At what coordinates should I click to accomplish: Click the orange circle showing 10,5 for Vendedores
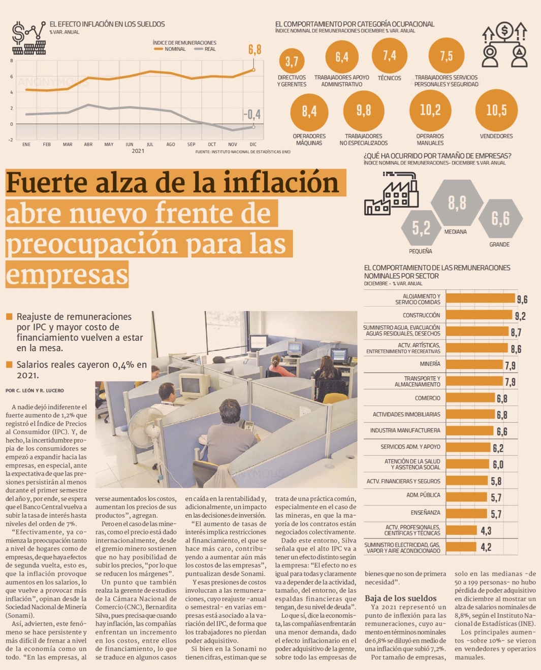pyautogui.click(x=496, y=110)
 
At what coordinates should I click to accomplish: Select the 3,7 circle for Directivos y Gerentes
pyautogui.click(x=292, y=61)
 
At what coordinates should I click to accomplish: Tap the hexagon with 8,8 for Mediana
pyautogui.click(x=457, y=203)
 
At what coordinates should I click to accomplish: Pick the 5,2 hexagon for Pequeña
pyautogui.click(x=421, y=228)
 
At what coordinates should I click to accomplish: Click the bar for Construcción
pyautogui.click(x=479, y=315)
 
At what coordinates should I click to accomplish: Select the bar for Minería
pyautogui.click(x=474, y=364)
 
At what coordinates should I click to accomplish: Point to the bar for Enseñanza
pyautogui.click(x=467, y=513)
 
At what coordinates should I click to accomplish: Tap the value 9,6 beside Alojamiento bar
pyautogui.click(x=522, y=299)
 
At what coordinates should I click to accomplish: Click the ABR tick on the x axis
pyautogui.click(x=88, y=145)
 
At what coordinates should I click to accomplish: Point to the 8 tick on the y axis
pyautogui.click(x=12, y=61)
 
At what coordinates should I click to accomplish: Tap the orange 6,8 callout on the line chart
pyautogui.click(x=254, y=49)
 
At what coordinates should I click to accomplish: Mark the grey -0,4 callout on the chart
pyautogui.click(x=251, y=115)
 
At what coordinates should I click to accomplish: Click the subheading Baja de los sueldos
pyautogui.click(x=400, y=598)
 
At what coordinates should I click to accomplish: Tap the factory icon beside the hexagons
pyautogui.click(x=391, y=193)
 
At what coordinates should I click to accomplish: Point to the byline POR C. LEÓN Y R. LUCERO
pyautogui.click(x=35, y=391)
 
